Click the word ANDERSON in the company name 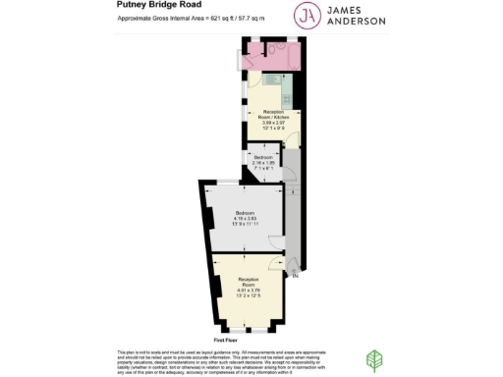[x=363, y=22]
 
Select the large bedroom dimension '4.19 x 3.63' [x=246, y=218]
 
